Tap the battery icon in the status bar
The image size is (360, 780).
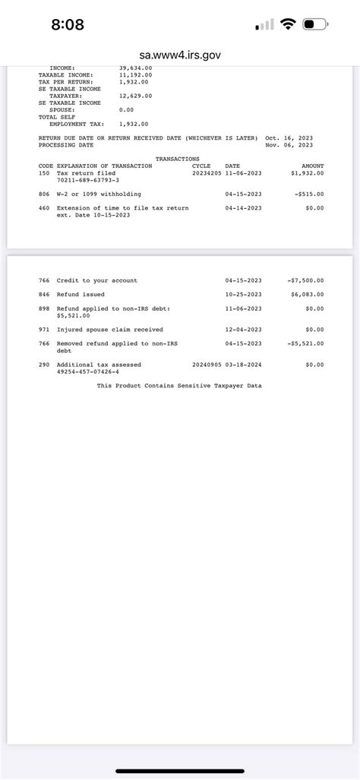coord(314,24)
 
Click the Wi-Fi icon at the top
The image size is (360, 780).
coord(287,24)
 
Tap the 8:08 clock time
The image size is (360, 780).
coord(68,25)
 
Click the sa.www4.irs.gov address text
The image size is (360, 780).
coord(180,55)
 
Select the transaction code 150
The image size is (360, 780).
coord(43,172)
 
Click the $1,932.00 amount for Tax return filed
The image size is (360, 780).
coord(307,172)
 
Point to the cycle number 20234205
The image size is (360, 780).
coord(207,172)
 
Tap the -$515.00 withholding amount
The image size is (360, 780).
coord(308,194)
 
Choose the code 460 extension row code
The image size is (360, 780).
coord(43,207)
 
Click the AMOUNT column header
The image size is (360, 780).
coord(312,166)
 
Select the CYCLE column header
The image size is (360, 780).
coord(201,166)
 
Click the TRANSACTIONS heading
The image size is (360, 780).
coord(177,159)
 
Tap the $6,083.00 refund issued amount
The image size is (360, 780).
coord(307,294)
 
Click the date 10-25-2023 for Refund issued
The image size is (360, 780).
coord(243,294)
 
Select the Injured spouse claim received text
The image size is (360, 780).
coord(109,330)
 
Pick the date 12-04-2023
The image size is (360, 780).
coord(243,330)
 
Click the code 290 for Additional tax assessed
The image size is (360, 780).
coord(43,365)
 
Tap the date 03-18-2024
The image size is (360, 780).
coord(243,365)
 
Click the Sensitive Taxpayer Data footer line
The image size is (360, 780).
coord(179,386)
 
